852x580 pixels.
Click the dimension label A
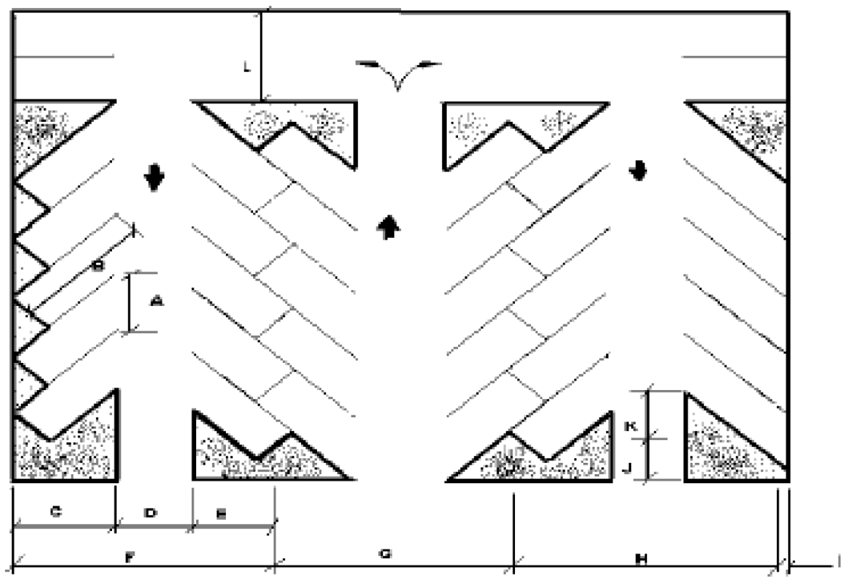(x=157, y=301)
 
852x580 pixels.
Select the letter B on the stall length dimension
(x=96, y=266)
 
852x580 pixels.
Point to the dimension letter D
(x=151, y=513)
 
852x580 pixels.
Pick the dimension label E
(x=222, y=514)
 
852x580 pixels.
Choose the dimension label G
(x=384, y=554)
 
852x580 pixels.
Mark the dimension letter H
(x=641, y=558)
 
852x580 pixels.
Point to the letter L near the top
(x=248, y=69)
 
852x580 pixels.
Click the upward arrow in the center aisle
(x=389, y=228)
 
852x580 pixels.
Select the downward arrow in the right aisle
(x=638, y=171)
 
